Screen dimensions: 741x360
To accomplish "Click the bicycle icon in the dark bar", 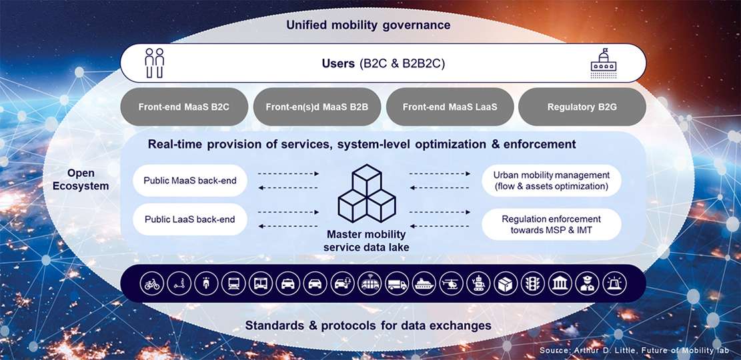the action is [152, 284].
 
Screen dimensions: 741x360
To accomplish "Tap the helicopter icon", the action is [452, 284].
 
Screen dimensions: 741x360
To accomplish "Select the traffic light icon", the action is [533, 284].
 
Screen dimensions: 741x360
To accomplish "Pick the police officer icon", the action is [588, 284].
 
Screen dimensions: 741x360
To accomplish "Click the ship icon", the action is [424, 284].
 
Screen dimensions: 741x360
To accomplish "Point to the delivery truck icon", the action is [396, 284].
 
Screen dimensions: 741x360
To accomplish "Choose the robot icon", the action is [478, 284].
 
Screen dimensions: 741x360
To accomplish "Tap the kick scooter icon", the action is [179, 284].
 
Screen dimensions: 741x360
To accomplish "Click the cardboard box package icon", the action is [506, 284].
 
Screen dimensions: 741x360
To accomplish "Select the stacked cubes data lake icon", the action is [367, 194].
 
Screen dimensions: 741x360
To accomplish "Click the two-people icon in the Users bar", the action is [155, 63].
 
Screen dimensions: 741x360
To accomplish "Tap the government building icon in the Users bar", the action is [604, 64].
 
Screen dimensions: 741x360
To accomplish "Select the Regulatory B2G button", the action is [582, 107].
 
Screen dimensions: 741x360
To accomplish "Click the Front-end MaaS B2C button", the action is [184, 107].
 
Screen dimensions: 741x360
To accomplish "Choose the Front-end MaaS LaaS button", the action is [450, 107].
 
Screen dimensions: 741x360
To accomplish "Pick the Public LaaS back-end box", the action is [190, 219].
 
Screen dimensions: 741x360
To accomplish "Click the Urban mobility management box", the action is [551, 180].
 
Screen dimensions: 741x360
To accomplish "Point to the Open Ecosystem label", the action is [81, 179].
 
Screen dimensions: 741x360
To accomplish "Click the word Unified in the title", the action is [305, 25].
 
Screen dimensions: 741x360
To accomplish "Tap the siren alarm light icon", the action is [614, 284].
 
